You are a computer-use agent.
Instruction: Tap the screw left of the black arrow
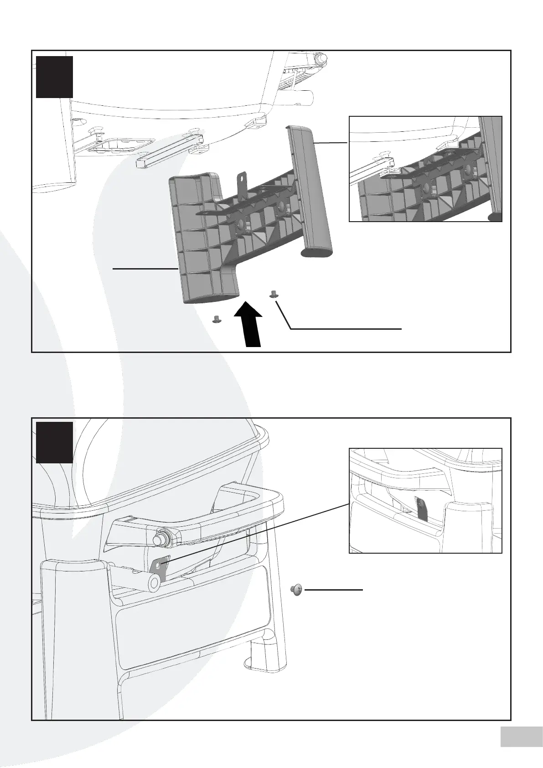tap(217, 319)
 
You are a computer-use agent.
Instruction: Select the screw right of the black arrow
tap(274, 294)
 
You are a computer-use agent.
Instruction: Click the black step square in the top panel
tap(54, 77)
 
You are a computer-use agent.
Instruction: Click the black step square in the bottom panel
tap(54, 442)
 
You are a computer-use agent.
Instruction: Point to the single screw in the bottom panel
tap(297, 590)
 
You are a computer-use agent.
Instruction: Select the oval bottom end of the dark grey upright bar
tap(316, 252)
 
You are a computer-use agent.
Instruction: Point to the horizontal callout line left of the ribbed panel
tap(145, 269)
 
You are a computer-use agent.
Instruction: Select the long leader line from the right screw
tap(346, 328)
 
